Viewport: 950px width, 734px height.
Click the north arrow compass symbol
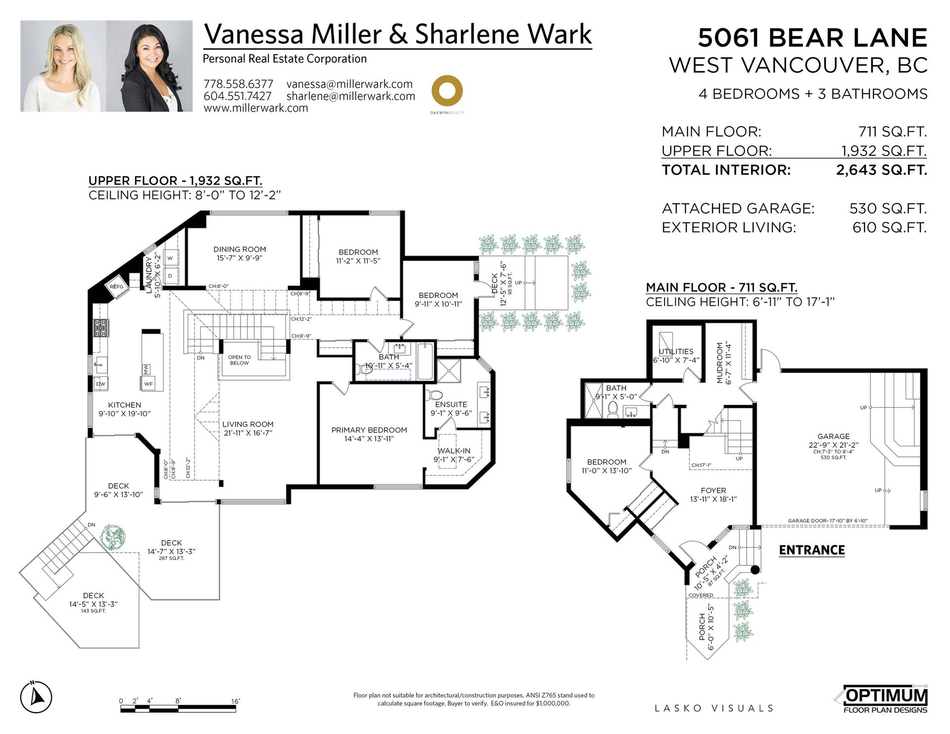[36, 697]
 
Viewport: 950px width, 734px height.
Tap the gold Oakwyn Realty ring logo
[447, 91]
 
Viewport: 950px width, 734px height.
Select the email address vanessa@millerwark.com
[349, 84]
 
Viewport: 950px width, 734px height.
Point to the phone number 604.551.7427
[237, 96]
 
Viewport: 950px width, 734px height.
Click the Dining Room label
[239, 249]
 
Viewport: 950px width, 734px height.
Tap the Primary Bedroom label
[369, 430]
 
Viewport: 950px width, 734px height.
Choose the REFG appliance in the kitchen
[117, 287]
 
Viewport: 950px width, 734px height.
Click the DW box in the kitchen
[100, 384]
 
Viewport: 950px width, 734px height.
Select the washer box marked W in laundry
[170, 258]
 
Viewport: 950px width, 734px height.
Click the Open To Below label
[239, 360]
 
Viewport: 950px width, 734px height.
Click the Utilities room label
[676, 352]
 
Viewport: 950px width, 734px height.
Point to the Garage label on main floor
[833, 436]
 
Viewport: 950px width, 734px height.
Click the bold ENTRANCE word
[811, 550]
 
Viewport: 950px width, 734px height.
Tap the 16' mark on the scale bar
[236, 701]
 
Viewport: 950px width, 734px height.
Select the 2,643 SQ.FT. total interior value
[881, 170]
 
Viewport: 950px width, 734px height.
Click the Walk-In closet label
[454, 451]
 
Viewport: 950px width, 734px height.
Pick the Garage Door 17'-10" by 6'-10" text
[827, 521]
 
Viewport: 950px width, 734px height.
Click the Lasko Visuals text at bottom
[713, 708]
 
